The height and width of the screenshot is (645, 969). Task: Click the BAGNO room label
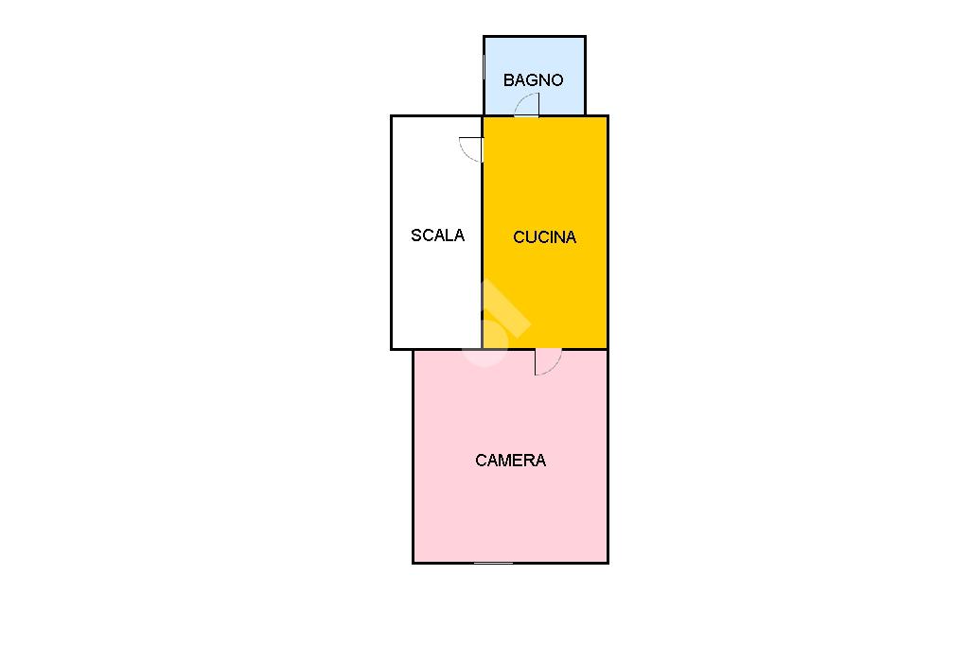pyautogui.click(x=534, y=79)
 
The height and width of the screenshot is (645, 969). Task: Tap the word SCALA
pyautogui.click(x=437, y=235)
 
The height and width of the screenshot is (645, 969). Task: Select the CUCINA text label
pyautogui.click(x=544, y=236)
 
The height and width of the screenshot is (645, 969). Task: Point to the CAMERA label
pyautogui.click(x=510, y=460)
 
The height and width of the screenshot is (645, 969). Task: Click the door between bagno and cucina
pyautogui.click(x=526, y=105)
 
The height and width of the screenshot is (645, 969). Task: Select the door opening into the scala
pyautogui.click(x=471, y=149)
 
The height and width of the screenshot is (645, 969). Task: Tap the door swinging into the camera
pyautogui.click(x=548, y=362)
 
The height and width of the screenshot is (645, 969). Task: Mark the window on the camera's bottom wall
pyautogui.click(x=493, y=563)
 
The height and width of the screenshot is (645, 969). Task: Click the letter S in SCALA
pyautogui.click(x=416, y=235)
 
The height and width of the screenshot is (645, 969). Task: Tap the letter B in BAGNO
pyautogui.click(x=508, y=79)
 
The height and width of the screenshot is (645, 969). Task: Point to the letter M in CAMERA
pyautogui.click(x=507, y=460)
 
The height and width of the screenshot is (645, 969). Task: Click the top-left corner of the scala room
pyautogui.click(x=392, y=116)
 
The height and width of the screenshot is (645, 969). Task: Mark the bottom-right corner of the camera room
pyautogui.click(x=608, y=563)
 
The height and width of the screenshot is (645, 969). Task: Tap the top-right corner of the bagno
pyautogui.click(x=585, y=37)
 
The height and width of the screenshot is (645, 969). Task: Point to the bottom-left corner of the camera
pyautogui.click(x=414, y=563)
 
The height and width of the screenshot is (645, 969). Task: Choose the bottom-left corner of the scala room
pyautogui.click(x=392, y=349)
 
